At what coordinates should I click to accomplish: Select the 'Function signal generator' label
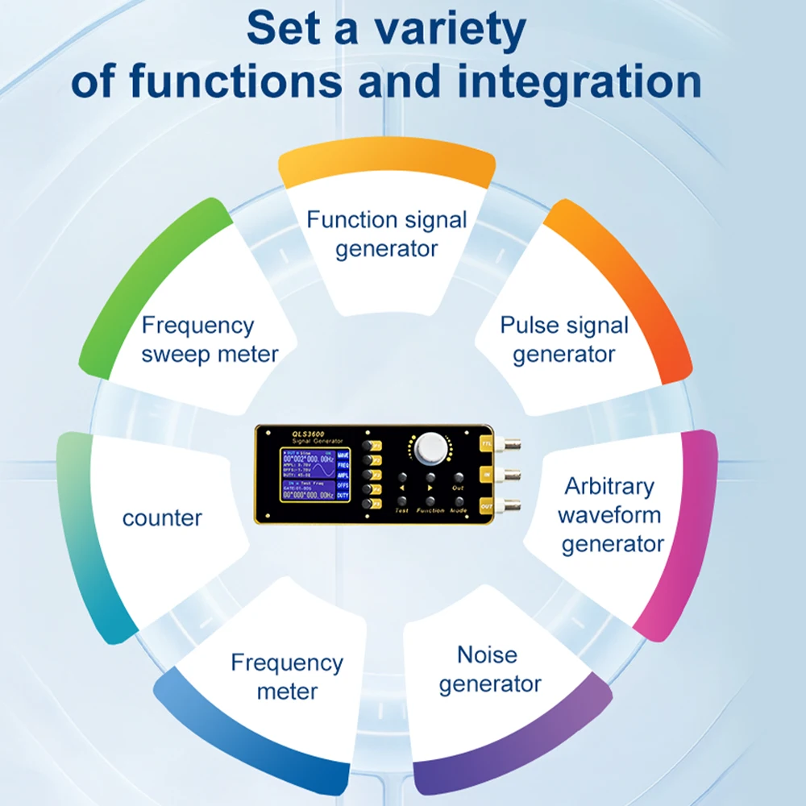(x=386, y=234)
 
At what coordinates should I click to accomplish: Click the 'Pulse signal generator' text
(x=563, y=339)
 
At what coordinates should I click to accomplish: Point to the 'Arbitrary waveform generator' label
(x=610, y=514)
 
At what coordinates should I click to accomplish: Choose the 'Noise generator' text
(x=488, y=669)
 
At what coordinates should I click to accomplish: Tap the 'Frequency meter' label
(x=287, y=676)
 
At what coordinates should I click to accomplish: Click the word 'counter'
(x=162, y=518)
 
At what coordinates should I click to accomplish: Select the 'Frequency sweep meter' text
(x=210, y=339)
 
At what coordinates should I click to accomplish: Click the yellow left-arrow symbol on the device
(x=401, y=488)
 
